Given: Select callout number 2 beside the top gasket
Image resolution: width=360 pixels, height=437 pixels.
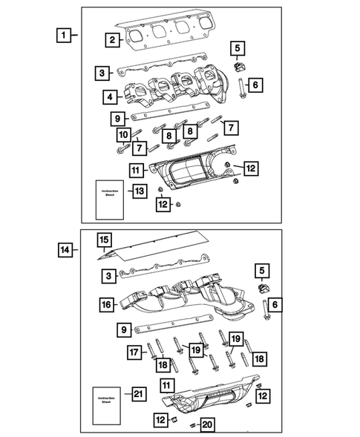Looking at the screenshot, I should (x=111, y=40).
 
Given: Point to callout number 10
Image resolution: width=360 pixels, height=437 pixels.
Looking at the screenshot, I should (x=121, y=134).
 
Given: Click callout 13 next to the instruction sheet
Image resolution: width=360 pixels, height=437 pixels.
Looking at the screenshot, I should (x=139, y=191).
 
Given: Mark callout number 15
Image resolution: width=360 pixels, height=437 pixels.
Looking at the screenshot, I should (x=105, y=240).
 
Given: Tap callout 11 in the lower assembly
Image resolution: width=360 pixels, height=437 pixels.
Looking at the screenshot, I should (x=168, y=385).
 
